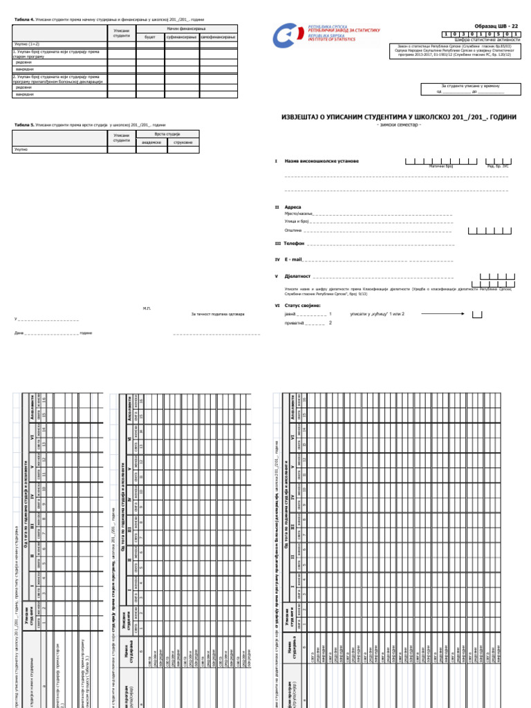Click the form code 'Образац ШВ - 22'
click(x=496, y=25)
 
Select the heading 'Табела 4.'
click(x=24, y=21)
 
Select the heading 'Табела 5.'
click(x=24, y=124)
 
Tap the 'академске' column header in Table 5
click(x=151, y=142)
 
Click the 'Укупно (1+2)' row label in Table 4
click(x=26, y=43)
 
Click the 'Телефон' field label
click(x=295, y=243)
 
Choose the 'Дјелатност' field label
click(x=297, y=275)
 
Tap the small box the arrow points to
click(x=477, y=315)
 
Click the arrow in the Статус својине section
click(x=445, y=313)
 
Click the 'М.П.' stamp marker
click(x=147, y=308)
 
